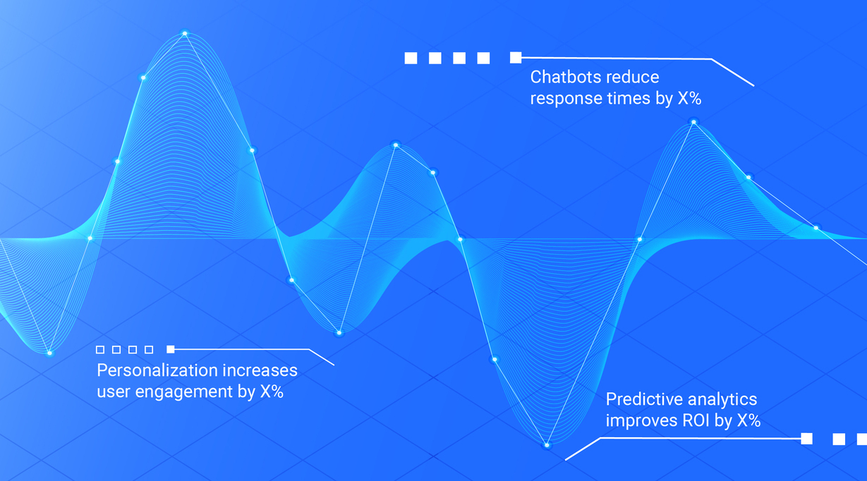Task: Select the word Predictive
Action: tap(639, 399)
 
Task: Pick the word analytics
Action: tap(718, 400)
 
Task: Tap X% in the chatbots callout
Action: tap(689, 98)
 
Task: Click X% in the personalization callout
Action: tap(272, 391)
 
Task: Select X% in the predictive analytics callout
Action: tap(748, 420)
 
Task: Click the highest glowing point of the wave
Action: tap(185, 34)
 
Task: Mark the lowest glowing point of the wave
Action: tap(547, 446)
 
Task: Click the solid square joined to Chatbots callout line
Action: tap(516, 58)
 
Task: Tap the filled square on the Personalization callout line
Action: tap(170, 349)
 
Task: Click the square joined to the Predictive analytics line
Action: tap(806, 439)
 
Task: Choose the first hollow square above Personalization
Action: tap(100, 350)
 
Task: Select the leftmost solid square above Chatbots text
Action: tap(411, 58)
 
